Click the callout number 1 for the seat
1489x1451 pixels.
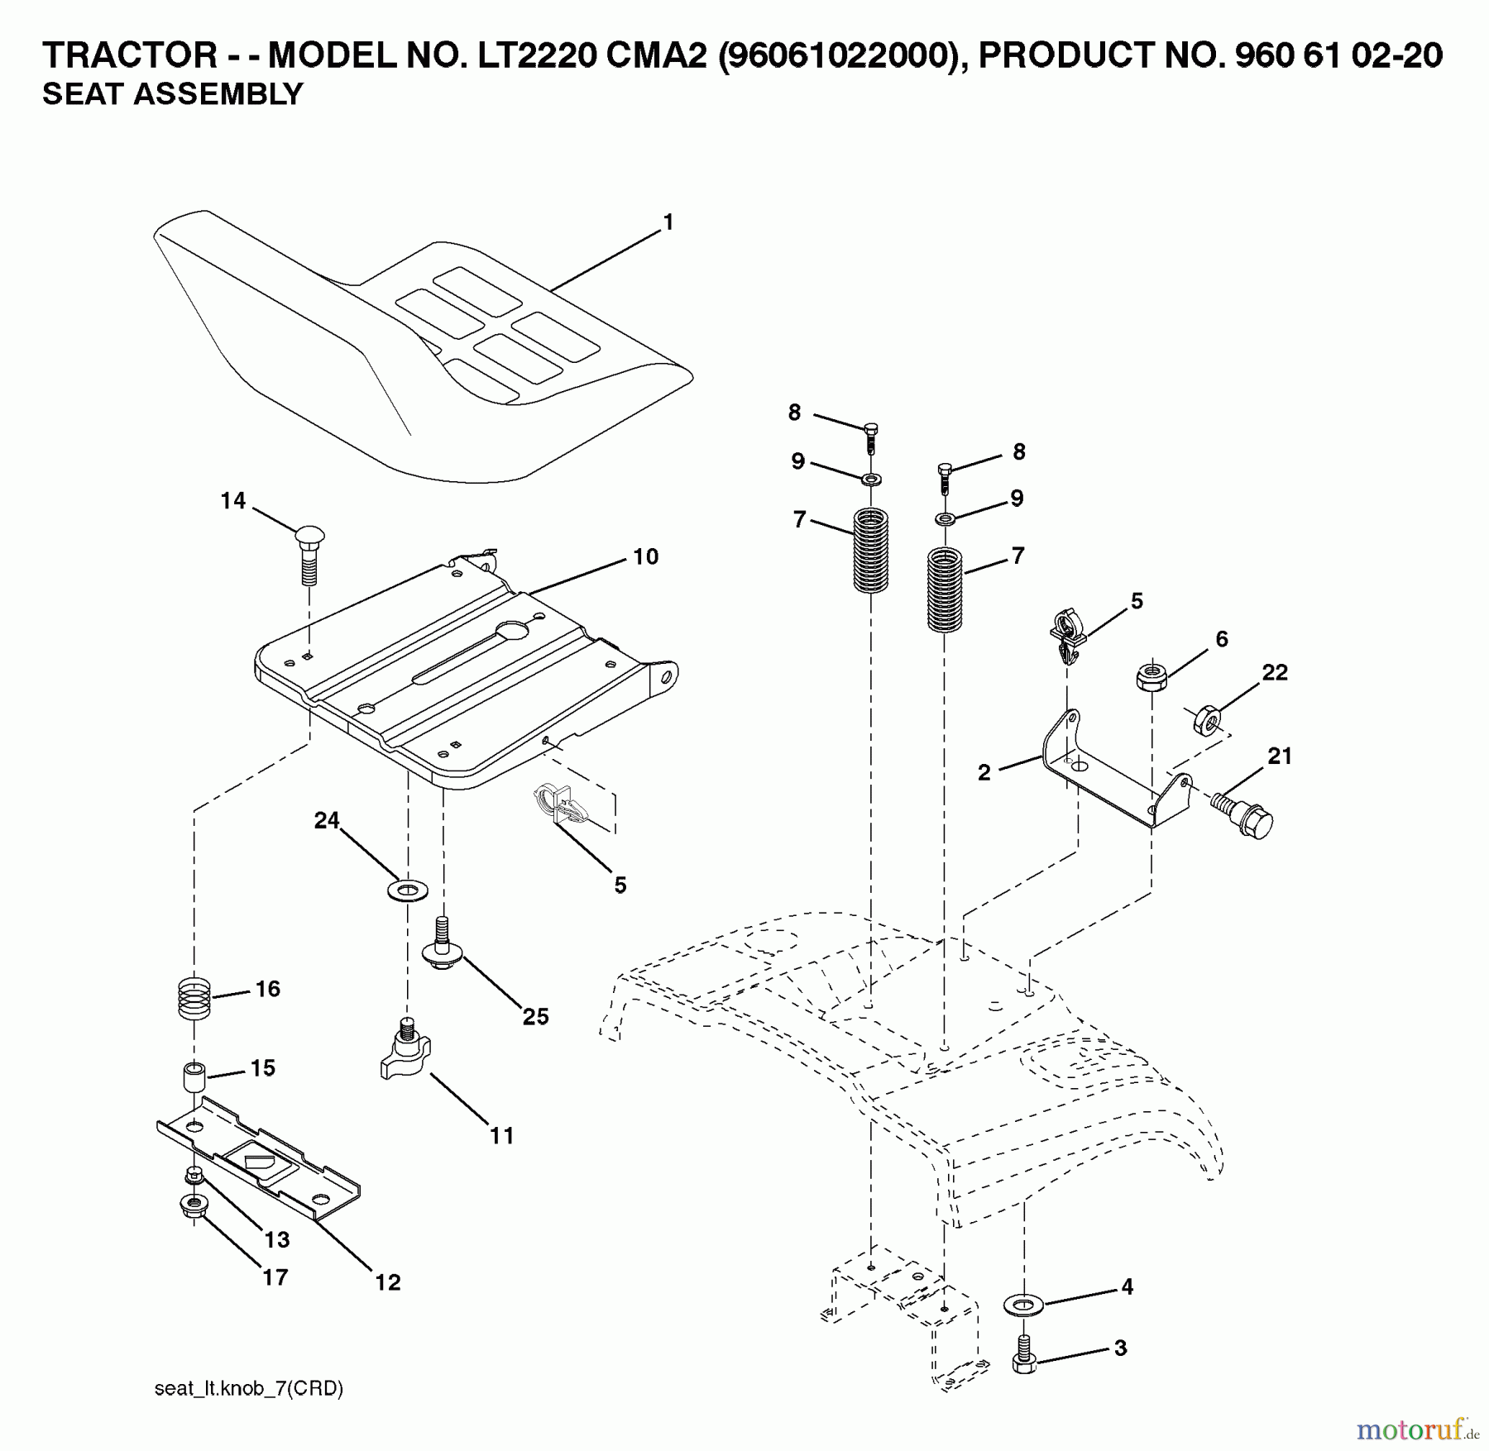click(x=668, y=222)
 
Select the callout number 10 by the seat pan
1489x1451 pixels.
click(x=645, y=556)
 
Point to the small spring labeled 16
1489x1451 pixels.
click(x=195, y=998)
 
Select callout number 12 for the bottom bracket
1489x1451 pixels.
click(x=387, y=1282)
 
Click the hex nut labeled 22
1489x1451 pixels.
click(x=1206, y=718)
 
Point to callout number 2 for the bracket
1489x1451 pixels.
click(x=984, y=773)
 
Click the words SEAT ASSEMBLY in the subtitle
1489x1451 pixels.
click(x=173, y=94)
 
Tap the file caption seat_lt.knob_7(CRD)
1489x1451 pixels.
click(x=249, y=1388)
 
